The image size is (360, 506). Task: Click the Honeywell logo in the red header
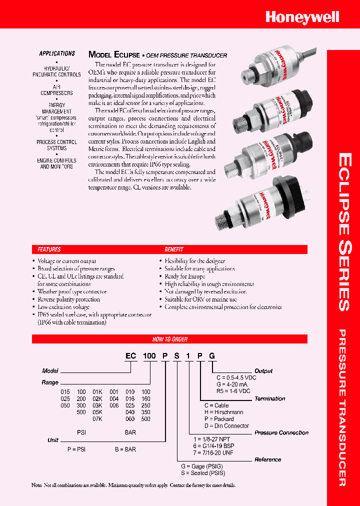coord(302,17)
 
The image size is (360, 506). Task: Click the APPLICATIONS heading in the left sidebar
coord(57,53)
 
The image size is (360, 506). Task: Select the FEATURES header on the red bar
coord(49,249)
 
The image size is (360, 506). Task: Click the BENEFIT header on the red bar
coord(174,249)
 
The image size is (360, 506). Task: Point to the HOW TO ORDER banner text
coord(169,339)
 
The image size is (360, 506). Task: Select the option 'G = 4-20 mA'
coord(232,384)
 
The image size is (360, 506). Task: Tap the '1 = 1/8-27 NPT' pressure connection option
coord(214,439)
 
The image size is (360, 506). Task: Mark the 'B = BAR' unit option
coord(125,449)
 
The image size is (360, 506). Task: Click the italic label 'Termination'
coord(270,398)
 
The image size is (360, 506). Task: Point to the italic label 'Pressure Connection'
coord(281,432)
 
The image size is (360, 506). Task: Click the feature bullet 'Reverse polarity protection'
coord(69,299)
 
